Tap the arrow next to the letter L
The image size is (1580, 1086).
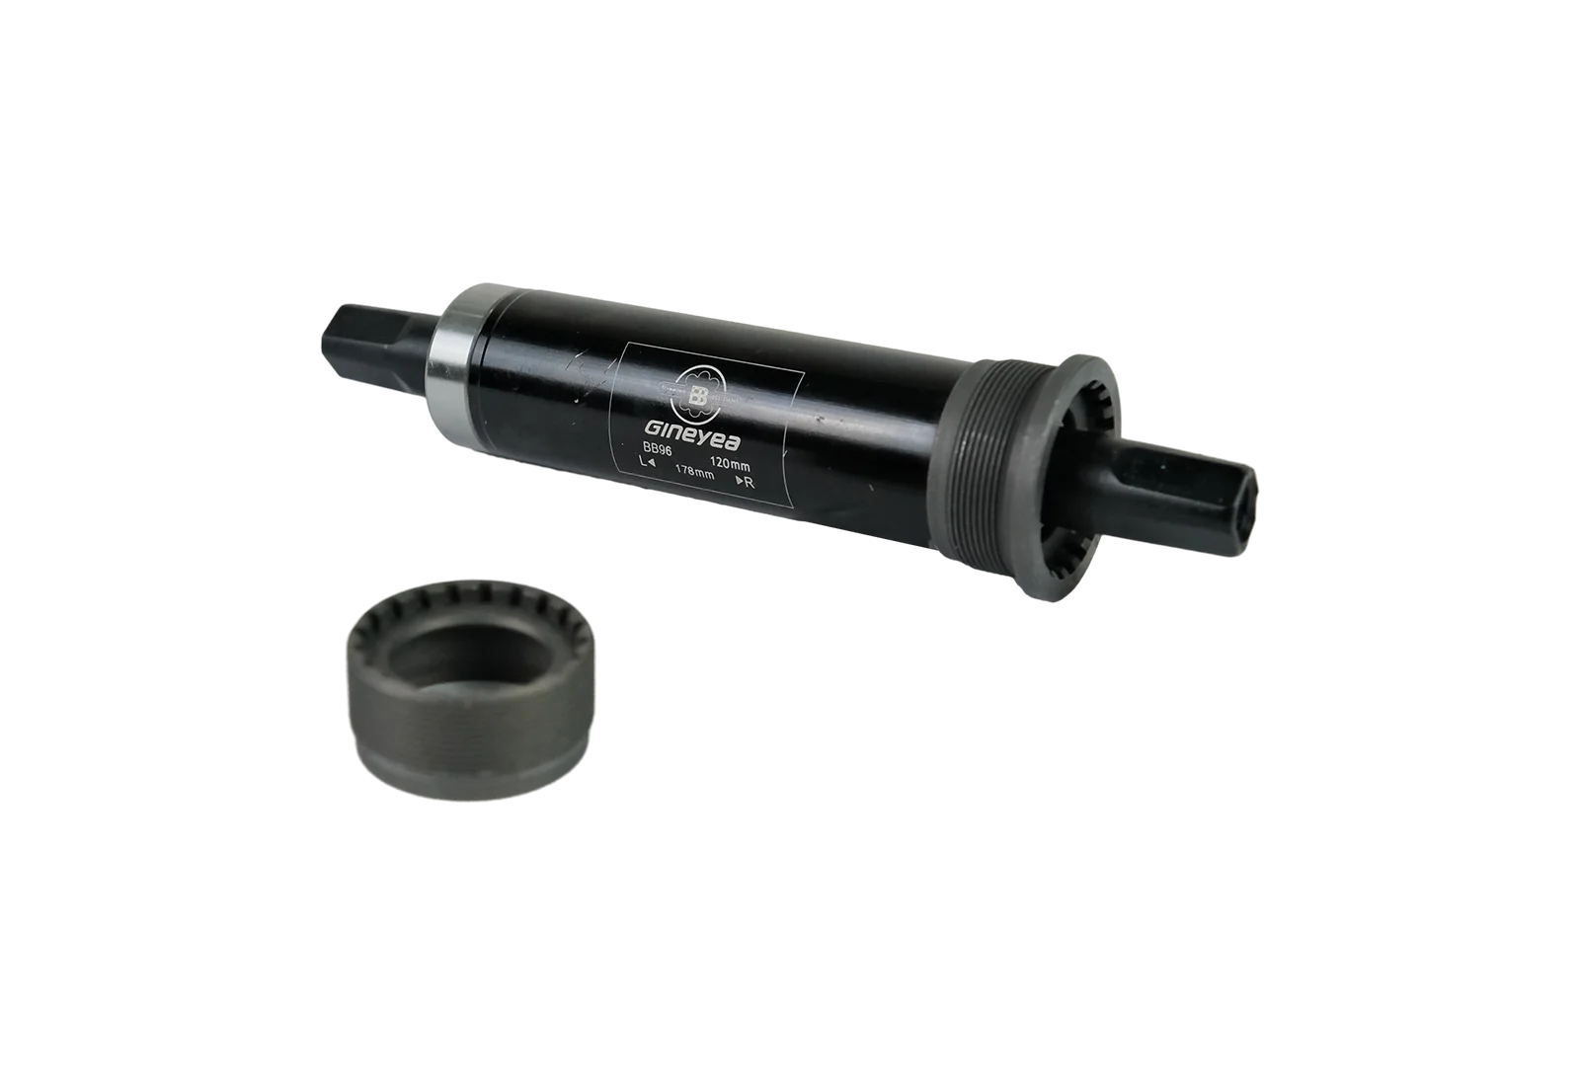click(654, 462)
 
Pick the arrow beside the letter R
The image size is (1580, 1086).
click(739, 482)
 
